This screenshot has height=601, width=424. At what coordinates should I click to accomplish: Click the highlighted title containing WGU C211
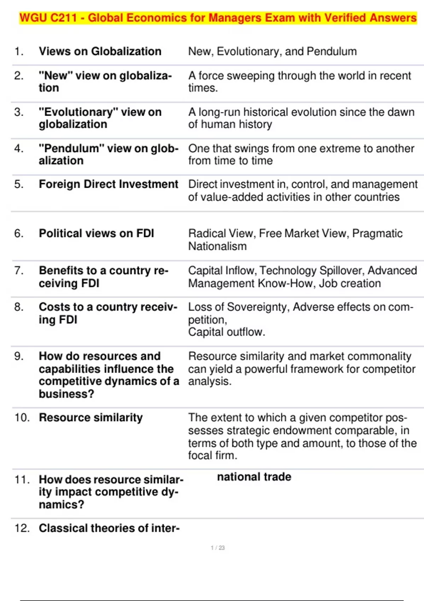coord(218,18)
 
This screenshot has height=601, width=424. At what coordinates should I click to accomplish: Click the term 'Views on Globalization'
coord(100,51)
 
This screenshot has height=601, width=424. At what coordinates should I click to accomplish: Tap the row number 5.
coord(19,184)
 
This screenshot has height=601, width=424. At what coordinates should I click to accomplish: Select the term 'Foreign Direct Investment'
coord(108,184)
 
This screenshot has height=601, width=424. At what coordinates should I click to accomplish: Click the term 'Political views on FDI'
coord(96,233)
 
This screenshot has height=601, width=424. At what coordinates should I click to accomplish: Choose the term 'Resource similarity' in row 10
coord(91,418)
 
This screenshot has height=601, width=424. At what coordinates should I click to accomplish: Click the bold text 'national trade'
coord(254,477)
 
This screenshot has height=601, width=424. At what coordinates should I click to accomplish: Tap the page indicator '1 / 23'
coord(218,548)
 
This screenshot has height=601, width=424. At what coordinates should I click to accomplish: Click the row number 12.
coord(22,528)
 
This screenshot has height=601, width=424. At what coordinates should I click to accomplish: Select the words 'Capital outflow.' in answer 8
coord(226,332)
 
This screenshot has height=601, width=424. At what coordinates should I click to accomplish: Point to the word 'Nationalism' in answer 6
coord(217,246)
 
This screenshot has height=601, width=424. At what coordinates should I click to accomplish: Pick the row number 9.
coord(19,356)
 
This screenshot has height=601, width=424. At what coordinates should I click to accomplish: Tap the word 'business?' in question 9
coord(66,394)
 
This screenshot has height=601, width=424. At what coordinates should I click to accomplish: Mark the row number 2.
coord(19,76)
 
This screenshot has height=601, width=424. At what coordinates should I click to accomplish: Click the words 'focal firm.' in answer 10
coord(212,455)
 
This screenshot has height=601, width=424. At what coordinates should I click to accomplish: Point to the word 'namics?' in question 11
coord(61,504)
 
